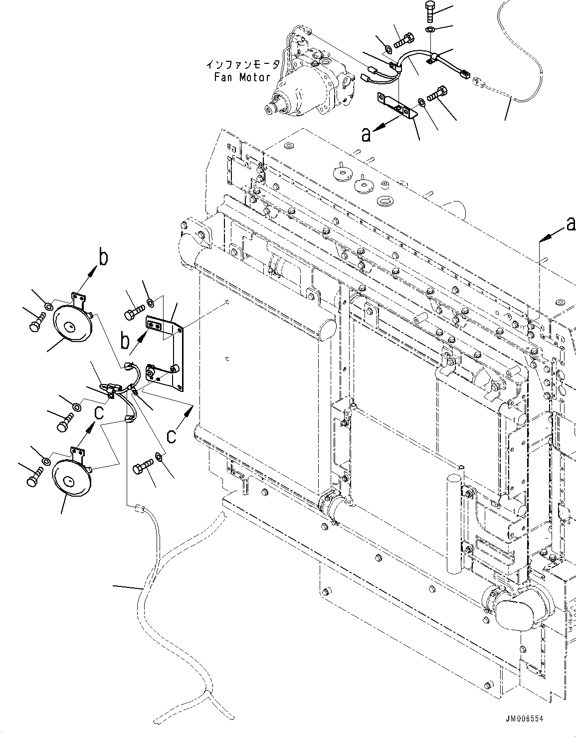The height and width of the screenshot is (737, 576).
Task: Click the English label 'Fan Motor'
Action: point(242,77)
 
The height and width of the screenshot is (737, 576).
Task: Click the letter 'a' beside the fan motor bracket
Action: point(367,134)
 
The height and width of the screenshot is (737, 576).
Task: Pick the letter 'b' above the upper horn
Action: point(102,258)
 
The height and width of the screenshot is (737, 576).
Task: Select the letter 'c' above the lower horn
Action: point(99,412)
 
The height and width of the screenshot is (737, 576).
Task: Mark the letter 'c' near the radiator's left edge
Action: point(171,436)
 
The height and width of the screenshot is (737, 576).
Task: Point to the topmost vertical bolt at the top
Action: point(430,11)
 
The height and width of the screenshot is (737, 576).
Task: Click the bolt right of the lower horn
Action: point(142,468)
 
